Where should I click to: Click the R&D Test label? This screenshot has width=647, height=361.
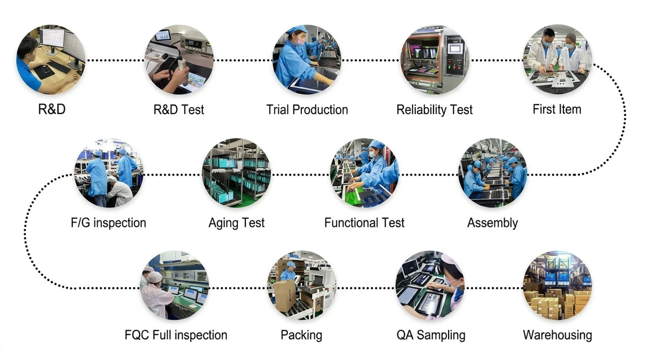tap(178, 110)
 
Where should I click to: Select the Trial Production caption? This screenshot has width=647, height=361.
tap(307, 110)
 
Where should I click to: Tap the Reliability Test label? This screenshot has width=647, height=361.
tap(435, 110)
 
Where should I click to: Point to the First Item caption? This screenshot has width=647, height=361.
tap(557, 109)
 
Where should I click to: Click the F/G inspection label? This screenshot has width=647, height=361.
tap(108, 223)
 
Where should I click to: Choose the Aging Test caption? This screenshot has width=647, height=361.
tap(237, 223)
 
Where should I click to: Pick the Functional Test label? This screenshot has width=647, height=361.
tap(364, 223)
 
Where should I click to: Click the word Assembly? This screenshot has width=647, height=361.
tap(492, 223)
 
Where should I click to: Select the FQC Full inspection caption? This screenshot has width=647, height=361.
tap(176, 335)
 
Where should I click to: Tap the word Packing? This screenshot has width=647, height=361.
tap(301, 336)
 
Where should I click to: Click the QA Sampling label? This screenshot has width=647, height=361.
tap(431, 336)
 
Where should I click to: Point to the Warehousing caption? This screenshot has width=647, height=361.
tap(557, 336)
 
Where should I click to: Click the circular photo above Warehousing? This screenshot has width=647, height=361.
tap(557, 285)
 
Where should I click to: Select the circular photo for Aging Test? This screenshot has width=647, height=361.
tap(237, 172)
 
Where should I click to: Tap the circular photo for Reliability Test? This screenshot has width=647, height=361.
tap(435, 60)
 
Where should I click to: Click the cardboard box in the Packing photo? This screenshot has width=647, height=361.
tap(285, 295)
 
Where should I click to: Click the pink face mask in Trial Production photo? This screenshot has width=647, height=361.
tap(300, 41)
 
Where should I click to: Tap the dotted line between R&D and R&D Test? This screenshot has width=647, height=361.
tap(115, 60)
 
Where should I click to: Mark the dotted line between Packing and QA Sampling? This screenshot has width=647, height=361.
tap(366, 288)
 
